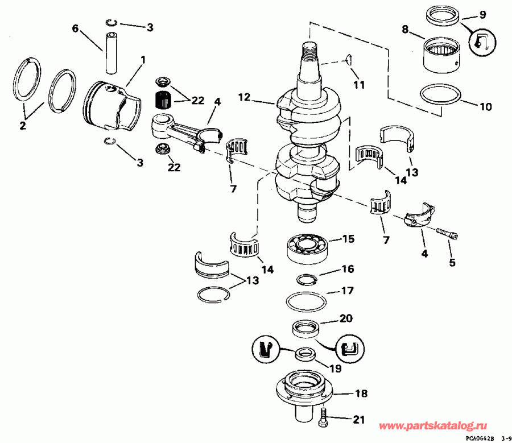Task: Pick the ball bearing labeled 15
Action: pos(308,249)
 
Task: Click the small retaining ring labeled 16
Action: pos(307,278)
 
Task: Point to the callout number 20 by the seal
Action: pos(346,318)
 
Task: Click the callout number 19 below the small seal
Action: pos(336,369)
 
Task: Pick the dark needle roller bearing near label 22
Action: pos(164,100)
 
